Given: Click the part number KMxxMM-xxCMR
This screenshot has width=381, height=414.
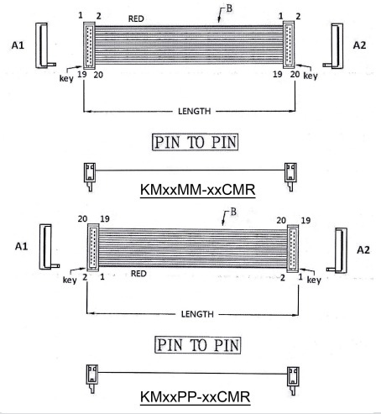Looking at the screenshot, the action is point(197,190).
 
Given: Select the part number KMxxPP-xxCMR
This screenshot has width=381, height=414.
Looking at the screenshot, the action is point(196,396).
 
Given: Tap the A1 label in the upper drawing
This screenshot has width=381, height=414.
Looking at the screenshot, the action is point(18,45).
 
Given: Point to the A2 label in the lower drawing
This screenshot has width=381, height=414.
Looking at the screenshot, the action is point(363,249).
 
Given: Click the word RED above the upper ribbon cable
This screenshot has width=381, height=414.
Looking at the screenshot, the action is point(136,18).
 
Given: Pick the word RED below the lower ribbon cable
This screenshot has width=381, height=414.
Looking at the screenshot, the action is point(138,274).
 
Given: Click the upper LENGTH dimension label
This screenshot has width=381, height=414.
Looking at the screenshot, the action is point(195,111).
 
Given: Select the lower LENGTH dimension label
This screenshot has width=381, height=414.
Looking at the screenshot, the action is point(197,314).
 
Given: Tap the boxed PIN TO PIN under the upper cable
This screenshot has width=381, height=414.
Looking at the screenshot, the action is point(196,142).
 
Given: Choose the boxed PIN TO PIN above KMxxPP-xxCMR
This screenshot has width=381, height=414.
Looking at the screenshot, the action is point(198,345).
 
